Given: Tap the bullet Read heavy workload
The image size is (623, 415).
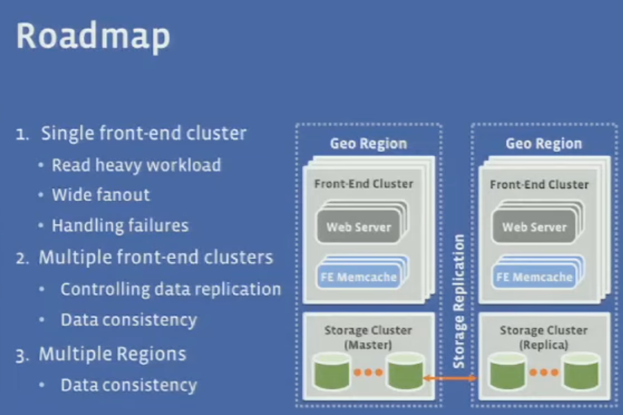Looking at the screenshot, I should [x=136, y=165].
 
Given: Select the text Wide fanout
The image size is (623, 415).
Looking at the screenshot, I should [x=101, y=195].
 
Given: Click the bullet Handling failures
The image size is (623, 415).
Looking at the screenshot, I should [x=120, y=225].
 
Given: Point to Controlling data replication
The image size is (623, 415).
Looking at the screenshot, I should [x=170, y=289].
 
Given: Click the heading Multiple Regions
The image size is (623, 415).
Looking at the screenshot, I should [x=112, y=354].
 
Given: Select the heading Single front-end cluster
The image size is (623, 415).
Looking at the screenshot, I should [x=143, y=133].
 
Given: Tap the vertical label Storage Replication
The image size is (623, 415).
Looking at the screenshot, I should [x=459, y=301].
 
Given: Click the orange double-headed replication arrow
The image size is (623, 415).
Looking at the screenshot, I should [x=450, y=379].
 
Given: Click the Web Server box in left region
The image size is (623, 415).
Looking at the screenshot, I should [x=358, y=227].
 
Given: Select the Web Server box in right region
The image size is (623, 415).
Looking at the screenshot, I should [x=534, y=227].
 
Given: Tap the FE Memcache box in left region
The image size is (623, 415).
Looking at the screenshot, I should [x=358, y=277].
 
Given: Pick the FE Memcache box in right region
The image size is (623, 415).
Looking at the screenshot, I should [x=534, y=277].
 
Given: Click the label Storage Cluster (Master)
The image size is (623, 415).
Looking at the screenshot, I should [x=368, y=337].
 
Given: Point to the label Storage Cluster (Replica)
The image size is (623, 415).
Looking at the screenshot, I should [x=543, y=337].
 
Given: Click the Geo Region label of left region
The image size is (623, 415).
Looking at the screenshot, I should [x=368, y=144].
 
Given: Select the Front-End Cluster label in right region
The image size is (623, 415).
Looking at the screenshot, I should [x=539, y=184].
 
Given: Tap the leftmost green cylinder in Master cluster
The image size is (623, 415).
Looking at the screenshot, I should [x=331, y=371].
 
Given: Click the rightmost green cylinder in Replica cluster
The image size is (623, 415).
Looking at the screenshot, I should [x=581, y=371].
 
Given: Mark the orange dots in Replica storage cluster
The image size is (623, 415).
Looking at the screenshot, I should [x=544, y=372].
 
